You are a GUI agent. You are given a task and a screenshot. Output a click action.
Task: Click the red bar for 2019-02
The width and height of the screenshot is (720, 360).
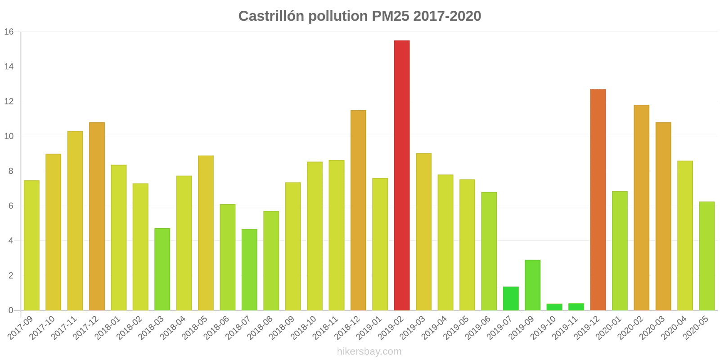tap(402, 175)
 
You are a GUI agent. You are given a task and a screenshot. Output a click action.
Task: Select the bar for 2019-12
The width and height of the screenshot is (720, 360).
tap(598, 200)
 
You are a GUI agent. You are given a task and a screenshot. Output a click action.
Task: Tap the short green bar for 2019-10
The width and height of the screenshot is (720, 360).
tap(554, 307)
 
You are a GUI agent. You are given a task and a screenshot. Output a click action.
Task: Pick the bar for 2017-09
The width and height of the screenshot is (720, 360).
tap(31, 245)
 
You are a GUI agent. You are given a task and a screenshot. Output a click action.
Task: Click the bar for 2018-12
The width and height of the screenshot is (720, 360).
tap(358, 210)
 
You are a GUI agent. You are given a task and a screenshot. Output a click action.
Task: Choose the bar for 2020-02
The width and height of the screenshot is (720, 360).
tap(641, 207)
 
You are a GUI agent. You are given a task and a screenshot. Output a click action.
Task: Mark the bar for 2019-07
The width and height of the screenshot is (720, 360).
tap(511, 298)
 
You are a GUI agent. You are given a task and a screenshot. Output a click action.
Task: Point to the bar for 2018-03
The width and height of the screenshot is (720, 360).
tap(162, 269)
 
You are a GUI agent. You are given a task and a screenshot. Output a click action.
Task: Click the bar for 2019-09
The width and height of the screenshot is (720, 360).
tap(532, 285)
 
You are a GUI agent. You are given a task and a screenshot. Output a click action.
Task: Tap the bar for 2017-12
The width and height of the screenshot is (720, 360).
tap(97, 216)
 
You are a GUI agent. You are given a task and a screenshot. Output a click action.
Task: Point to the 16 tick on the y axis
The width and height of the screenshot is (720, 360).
tap(9, 32)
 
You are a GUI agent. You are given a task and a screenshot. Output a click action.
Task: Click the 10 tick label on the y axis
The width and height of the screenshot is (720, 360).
tap(9, 136)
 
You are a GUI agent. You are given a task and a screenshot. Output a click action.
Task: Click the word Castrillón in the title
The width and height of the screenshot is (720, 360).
tap(271, 16)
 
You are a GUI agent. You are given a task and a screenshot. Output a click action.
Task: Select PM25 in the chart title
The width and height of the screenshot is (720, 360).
tap(390, 16)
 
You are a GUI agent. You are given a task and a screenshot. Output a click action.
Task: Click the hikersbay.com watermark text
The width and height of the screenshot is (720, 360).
tap(369, 351)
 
